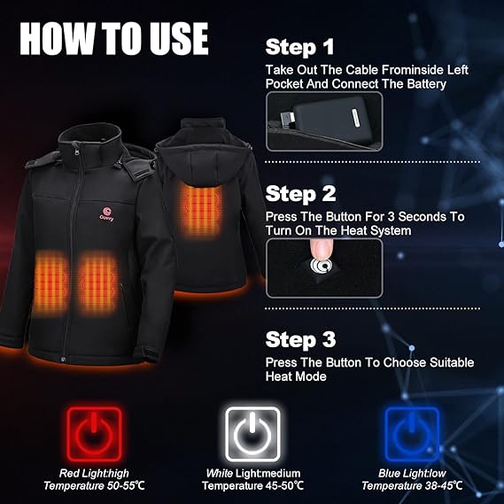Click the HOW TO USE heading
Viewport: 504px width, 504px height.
click(x=114, y=39)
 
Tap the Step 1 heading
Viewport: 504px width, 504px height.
click(x=299, y=48)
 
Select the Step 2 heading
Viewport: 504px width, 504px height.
click(x=300, y=194)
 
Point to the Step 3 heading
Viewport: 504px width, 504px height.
click(x=300, y=340)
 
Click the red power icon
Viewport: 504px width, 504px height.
click(x=94, y=434)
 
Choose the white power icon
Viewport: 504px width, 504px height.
click(x=252, y=434)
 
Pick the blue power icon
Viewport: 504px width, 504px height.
click(x=412, y=434)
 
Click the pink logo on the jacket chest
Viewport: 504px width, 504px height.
click(x=106, y=213)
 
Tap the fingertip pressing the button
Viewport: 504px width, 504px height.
click(x=319, y=250)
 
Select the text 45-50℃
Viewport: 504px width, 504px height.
click(x=282, y=485)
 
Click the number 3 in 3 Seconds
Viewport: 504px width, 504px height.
click(x=392, y=217)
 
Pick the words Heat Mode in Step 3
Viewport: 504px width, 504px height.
click(x=296, y=376)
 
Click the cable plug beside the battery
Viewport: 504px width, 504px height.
click(x=287, y=117)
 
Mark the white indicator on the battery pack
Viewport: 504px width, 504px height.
click(x=356, y=118)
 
